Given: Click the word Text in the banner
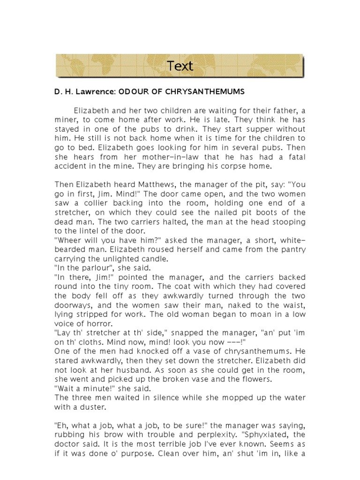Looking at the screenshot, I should pos(180,66).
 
